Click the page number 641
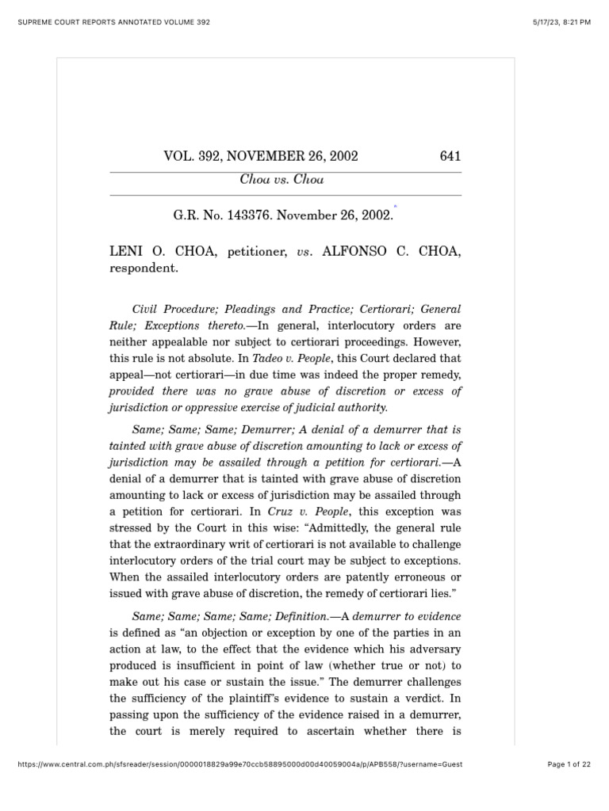pyautogui.click(x=450, y=156)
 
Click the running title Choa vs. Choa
pyautogui.click(x=282, y=180)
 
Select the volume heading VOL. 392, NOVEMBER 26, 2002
pyautogui.click(x=261, y=156)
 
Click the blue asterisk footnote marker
pyautogui.click(x=394, y=206)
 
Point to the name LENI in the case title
pyautogui.click(x=125, y=251)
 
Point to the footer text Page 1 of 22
pyautogui.click(x=569, y=764)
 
